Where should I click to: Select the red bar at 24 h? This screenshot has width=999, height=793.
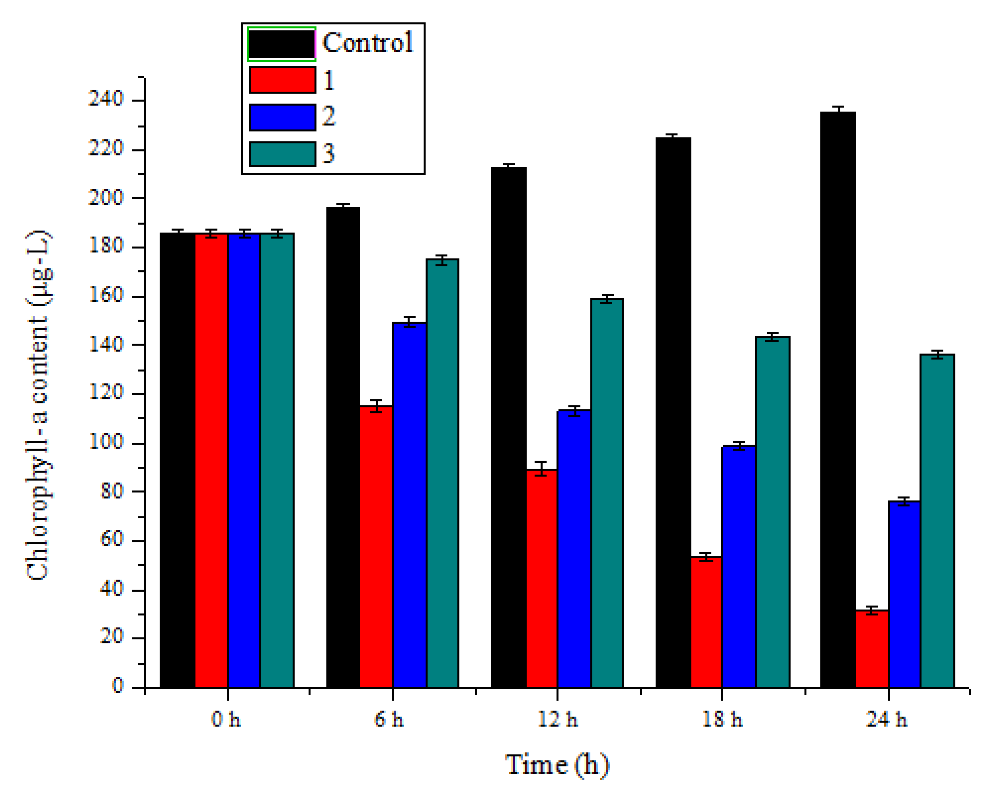(x=872, y=649)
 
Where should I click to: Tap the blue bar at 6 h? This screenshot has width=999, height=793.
(x=409, y=505)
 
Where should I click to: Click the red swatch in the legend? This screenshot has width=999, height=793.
(x=282, y=80)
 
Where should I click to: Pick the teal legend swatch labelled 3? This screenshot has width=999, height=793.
(x=282, y=154)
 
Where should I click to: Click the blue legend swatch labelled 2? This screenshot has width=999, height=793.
(x=282, y=117)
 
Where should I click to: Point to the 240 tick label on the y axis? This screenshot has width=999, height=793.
(x=106, y=98)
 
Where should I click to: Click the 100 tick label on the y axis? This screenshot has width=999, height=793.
(x=106, y=442)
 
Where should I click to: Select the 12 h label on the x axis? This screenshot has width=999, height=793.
(x=557, y=719)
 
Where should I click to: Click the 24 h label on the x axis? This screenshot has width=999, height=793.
(x=886, y=719)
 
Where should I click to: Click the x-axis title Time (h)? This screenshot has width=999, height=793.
(x=557, y=764)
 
